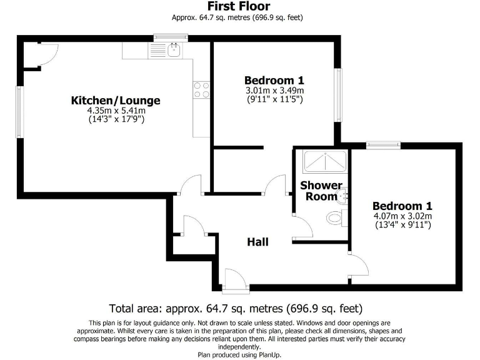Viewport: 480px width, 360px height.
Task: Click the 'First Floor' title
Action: pos(240,6)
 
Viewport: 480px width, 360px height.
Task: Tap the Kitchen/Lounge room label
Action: pos(116,100)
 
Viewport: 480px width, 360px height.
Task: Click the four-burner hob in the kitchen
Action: pos(201,90)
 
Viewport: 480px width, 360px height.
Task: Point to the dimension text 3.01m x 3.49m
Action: pos(274,91)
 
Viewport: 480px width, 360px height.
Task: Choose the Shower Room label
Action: pos(321,191)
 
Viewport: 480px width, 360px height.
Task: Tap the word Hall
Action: pos(257,241)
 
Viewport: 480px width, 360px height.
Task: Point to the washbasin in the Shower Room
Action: pos(342,197)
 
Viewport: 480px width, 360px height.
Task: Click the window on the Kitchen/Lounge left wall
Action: pos(19,112)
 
